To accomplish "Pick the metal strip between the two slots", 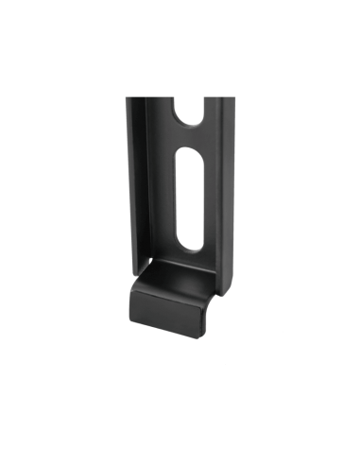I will point(187,136).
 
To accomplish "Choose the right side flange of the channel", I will point(226,189).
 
